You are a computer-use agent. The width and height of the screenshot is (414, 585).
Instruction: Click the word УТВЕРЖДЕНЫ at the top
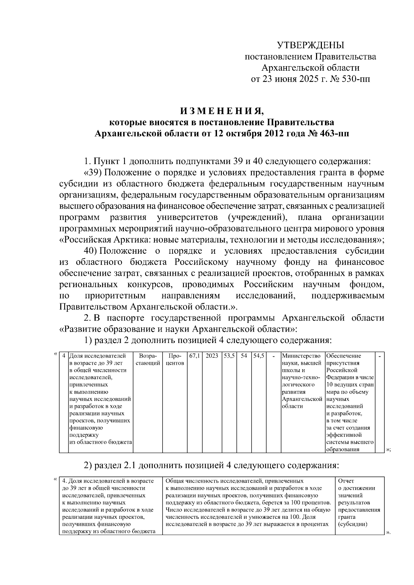coord(310,45)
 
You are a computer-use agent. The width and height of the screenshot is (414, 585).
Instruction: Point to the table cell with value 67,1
coord(194,356)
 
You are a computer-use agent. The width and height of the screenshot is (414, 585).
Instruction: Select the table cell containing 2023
coord(212,356)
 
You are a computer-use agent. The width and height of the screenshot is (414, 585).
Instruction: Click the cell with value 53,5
coord(229,356)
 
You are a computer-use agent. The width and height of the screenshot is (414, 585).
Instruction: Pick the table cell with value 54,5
coord(259,356)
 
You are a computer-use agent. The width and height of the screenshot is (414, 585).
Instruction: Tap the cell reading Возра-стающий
coord(148,359)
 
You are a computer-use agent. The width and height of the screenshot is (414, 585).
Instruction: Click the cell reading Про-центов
coord(175,359)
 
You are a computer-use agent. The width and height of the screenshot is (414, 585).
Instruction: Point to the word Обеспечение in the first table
coord(344,356)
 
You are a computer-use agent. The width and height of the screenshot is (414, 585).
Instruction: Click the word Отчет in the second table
coord(346,481)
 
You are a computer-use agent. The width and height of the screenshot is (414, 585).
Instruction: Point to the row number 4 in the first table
coord(64,356)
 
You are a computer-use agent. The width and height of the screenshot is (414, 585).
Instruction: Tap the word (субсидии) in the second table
coord(353,524)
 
